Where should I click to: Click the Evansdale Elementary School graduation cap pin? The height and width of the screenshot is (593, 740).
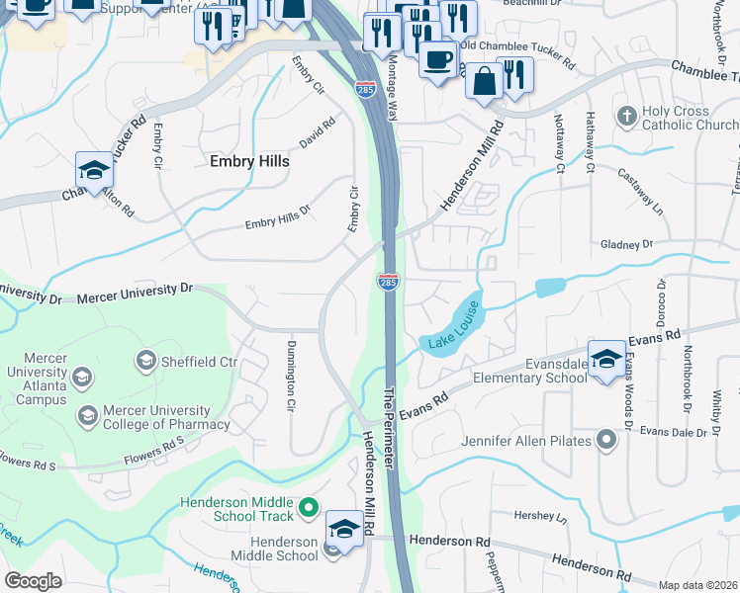(606, 357)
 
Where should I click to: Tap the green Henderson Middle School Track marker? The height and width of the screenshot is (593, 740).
(309, 508)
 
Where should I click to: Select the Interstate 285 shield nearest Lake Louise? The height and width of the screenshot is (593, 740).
(388, 282)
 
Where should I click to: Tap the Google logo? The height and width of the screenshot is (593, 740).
(33, 580)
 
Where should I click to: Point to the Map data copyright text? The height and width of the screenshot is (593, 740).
(698, 585)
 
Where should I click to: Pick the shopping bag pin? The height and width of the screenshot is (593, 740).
(484, 82)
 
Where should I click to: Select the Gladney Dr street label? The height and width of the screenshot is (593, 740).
(627, 243)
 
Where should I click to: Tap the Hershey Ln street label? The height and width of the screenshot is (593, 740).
(540, 517)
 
